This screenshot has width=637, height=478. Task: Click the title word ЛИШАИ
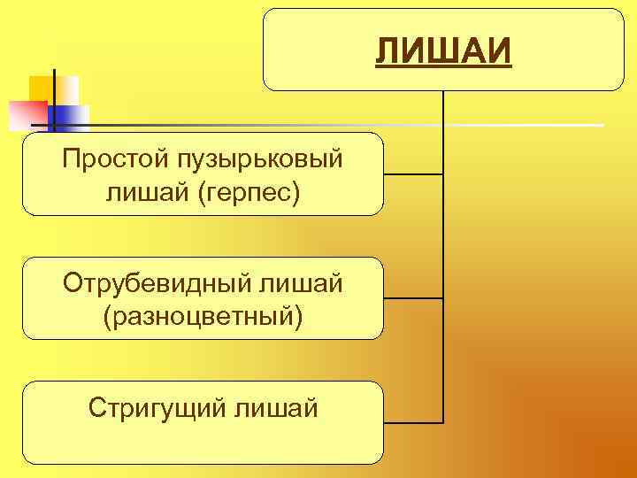(x=444, y=51)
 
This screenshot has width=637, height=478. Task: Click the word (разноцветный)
(x=203, y=314)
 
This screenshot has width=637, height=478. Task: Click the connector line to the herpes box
(x=413, y=174)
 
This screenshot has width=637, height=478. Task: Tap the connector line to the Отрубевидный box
(x=413, y=298)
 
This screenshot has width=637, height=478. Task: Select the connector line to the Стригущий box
(x=413, y=422)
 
